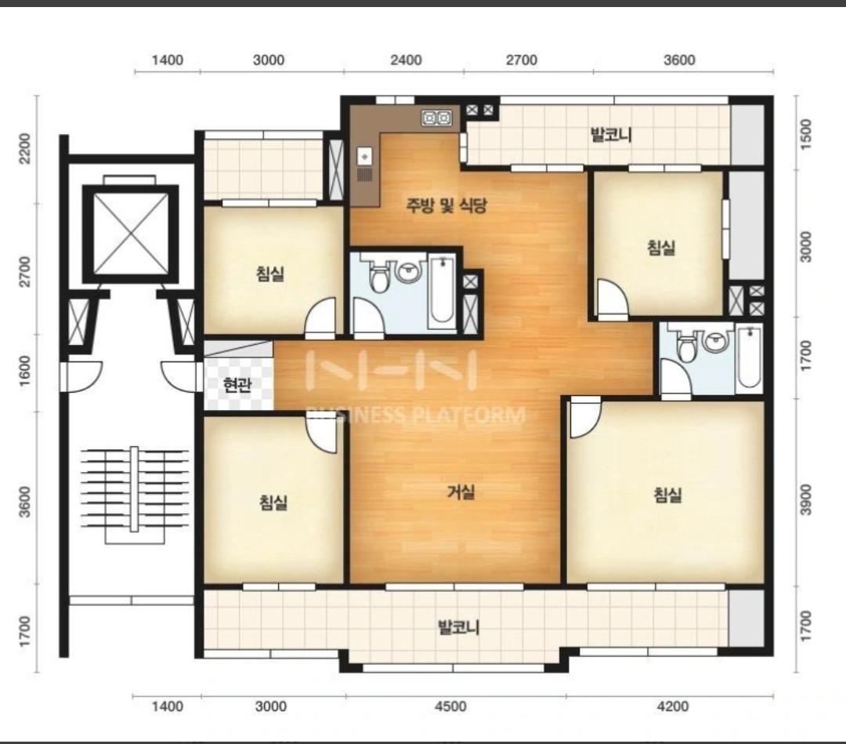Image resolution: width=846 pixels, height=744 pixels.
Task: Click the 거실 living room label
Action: point(461,492)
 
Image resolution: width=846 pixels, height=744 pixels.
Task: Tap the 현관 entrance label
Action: point(237,384)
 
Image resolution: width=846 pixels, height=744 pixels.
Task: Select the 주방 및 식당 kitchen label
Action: point(446,205)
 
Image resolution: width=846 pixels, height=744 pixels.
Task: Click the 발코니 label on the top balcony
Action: point(611,134)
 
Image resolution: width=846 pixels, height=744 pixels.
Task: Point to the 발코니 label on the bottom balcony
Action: point(458,627)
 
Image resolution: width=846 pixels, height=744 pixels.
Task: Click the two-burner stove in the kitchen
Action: point(436,117)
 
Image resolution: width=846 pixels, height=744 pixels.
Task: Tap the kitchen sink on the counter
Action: point(365,157)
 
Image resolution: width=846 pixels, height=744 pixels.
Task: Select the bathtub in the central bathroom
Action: point(443,292)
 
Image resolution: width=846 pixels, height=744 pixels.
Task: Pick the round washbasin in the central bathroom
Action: point(409,271)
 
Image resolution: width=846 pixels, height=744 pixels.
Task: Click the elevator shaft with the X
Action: point(131,234)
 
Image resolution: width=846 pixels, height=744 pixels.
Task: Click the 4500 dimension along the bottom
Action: point(450,706)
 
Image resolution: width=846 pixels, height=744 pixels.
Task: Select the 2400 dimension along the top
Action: point(406,60)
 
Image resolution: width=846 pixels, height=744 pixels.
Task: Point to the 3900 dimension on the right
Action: point(805,499)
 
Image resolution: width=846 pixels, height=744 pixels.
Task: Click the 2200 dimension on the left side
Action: point(25,150)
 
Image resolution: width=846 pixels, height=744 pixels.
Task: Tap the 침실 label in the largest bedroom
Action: point(668,495)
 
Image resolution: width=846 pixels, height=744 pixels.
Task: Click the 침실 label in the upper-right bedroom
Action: point(661,248)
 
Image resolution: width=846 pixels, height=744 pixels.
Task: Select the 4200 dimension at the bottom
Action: point(673,706)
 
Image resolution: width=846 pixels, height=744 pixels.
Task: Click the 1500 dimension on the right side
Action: point(805,132)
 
